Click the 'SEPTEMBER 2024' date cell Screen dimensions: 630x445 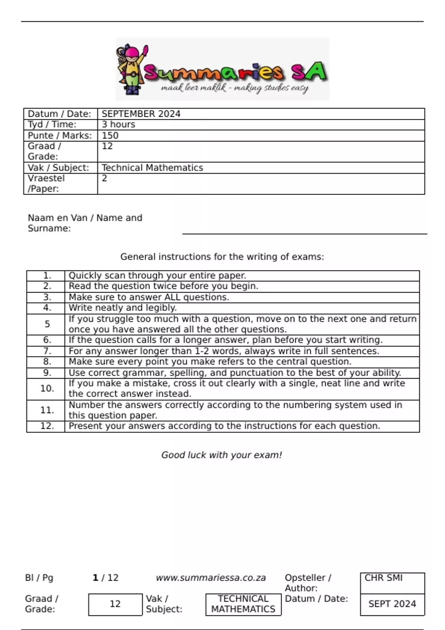click(141, 114)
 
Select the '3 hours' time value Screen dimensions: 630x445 click(118, 125)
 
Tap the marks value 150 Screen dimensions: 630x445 click(110, 136)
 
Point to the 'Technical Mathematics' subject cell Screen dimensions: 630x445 click(152, 168)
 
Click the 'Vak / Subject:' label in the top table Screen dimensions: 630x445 click(59, 168)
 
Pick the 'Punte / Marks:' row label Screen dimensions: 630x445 click(60, 136)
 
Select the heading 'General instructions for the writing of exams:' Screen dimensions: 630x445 click(222, 257)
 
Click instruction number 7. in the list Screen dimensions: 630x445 click(47, 351)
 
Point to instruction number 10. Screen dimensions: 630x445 click(47, 388)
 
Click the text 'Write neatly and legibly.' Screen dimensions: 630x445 click(123, 308)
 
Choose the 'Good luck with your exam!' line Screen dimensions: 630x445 click(222, 455)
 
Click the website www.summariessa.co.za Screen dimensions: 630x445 click(211, 578)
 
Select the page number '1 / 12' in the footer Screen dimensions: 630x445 click(105, 578)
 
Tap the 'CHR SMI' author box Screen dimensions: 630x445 click(392, 583)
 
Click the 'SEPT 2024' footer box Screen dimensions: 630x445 click(392, 604)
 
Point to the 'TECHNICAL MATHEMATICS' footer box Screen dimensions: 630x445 click(243, 604)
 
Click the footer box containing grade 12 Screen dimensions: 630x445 click(115, 604)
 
